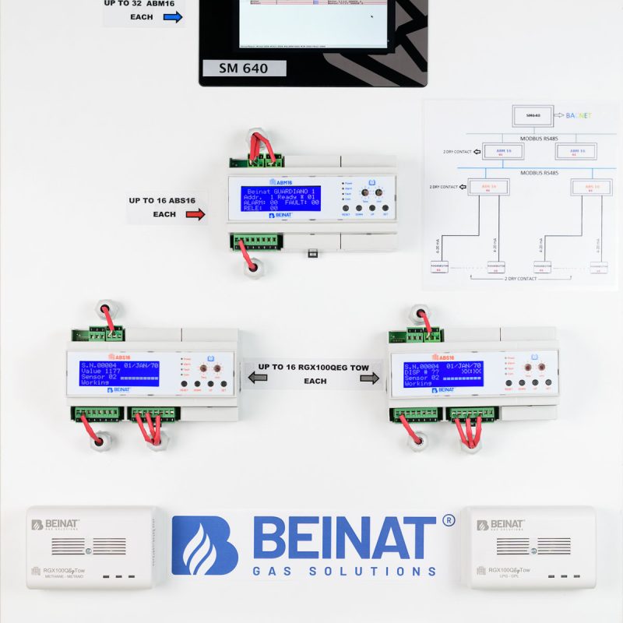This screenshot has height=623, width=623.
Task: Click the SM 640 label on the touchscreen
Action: tap(245, 69)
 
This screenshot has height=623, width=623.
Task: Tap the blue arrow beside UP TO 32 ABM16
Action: tap(173, 17)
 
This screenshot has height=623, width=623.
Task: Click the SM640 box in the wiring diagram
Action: tap(533, 116)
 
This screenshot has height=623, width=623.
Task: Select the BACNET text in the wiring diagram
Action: tap(579, 115)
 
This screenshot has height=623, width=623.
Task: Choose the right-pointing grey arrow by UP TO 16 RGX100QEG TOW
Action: tap(369, 378)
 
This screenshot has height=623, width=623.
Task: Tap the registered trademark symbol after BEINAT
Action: tap(448, 520)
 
